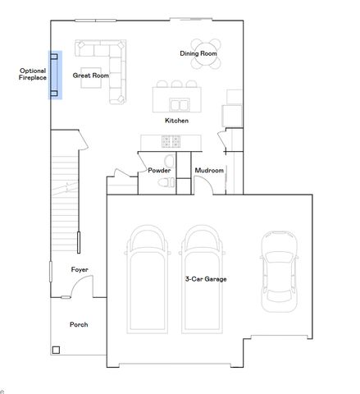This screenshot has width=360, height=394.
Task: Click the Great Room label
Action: click(90, 76)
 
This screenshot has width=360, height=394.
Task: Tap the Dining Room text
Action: click(198, 53)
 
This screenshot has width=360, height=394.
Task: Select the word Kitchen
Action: click(176, 121)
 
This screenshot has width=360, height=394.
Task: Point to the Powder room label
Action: click(159, 170)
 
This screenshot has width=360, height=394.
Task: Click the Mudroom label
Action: click(209, 170)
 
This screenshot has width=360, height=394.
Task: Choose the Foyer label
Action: click(80, 269)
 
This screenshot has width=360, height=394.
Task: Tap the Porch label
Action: click(79, 324)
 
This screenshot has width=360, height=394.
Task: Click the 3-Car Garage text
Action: click(206, 279)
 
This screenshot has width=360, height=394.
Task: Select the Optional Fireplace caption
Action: click(33, 75)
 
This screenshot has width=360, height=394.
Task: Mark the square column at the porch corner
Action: click(56, 350)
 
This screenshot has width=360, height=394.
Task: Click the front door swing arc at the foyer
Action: click(80, 287)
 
